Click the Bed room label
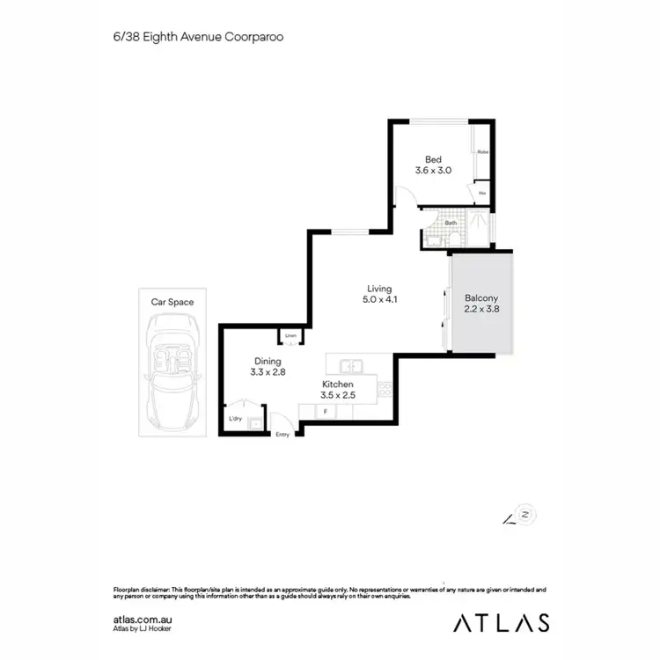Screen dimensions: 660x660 pos(433,159)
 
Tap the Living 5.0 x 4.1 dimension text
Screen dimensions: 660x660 pos(379,300)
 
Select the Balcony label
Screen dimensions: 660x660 pos(481,297)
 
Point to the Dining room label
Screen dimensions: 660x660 pos(268,361)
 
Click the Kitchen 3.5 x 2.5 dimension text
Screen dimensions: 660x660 pos(337,396)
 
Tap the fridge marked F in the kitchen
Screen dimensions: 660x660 pos(326,412)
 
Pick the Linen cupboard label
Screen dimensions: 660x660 pos(290,336)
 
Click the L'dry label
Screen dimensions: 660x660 pos(235,419)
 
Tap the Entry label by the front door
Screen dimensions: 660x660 pos(282,435)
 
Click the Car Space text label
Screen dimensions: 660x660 pos(172,302)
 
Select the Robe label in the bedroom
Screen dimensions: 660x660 pos(482,152)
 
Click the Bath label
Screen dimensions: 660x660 pos(451,223)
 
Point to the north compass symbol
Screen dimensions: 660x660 pos(524,515)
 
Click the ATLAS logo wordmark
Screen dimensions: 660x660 pos(502,622)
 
